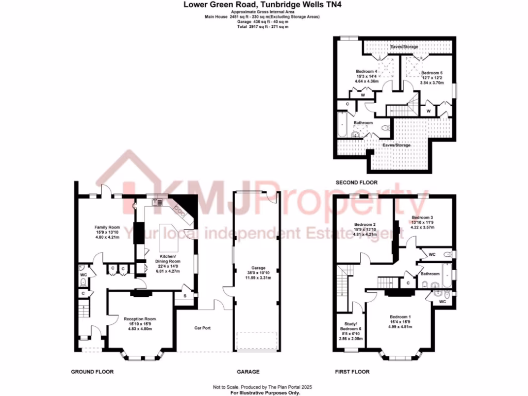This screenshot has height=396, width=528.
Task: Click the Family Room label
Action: click(x=107, y=227)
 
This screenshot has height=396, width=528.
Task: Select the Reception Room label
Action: click(x=140, y=319)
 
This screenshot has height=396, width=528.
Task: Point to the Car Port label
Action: click(x=202, y=328)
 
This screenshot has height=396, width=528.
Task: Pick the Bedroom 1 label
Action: click(x=400, y=317)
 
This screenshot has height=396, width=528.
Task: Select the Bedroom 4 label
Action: click(x=367, y=72)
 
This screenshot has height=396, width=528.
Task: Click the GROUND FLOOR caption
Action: click(x=92, y=372)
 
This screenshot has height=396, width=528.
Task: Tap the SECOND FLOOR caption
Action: click(x=356, y=183)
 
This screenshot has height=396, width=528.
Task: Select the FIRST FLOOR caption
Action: click(x=353, y=372)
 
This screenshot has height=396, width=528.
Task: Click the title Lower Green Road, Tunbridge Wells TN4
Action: click(x=263, y=5)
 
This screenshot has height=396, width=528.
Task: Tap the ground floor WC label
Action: click(x=84, y=275)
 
